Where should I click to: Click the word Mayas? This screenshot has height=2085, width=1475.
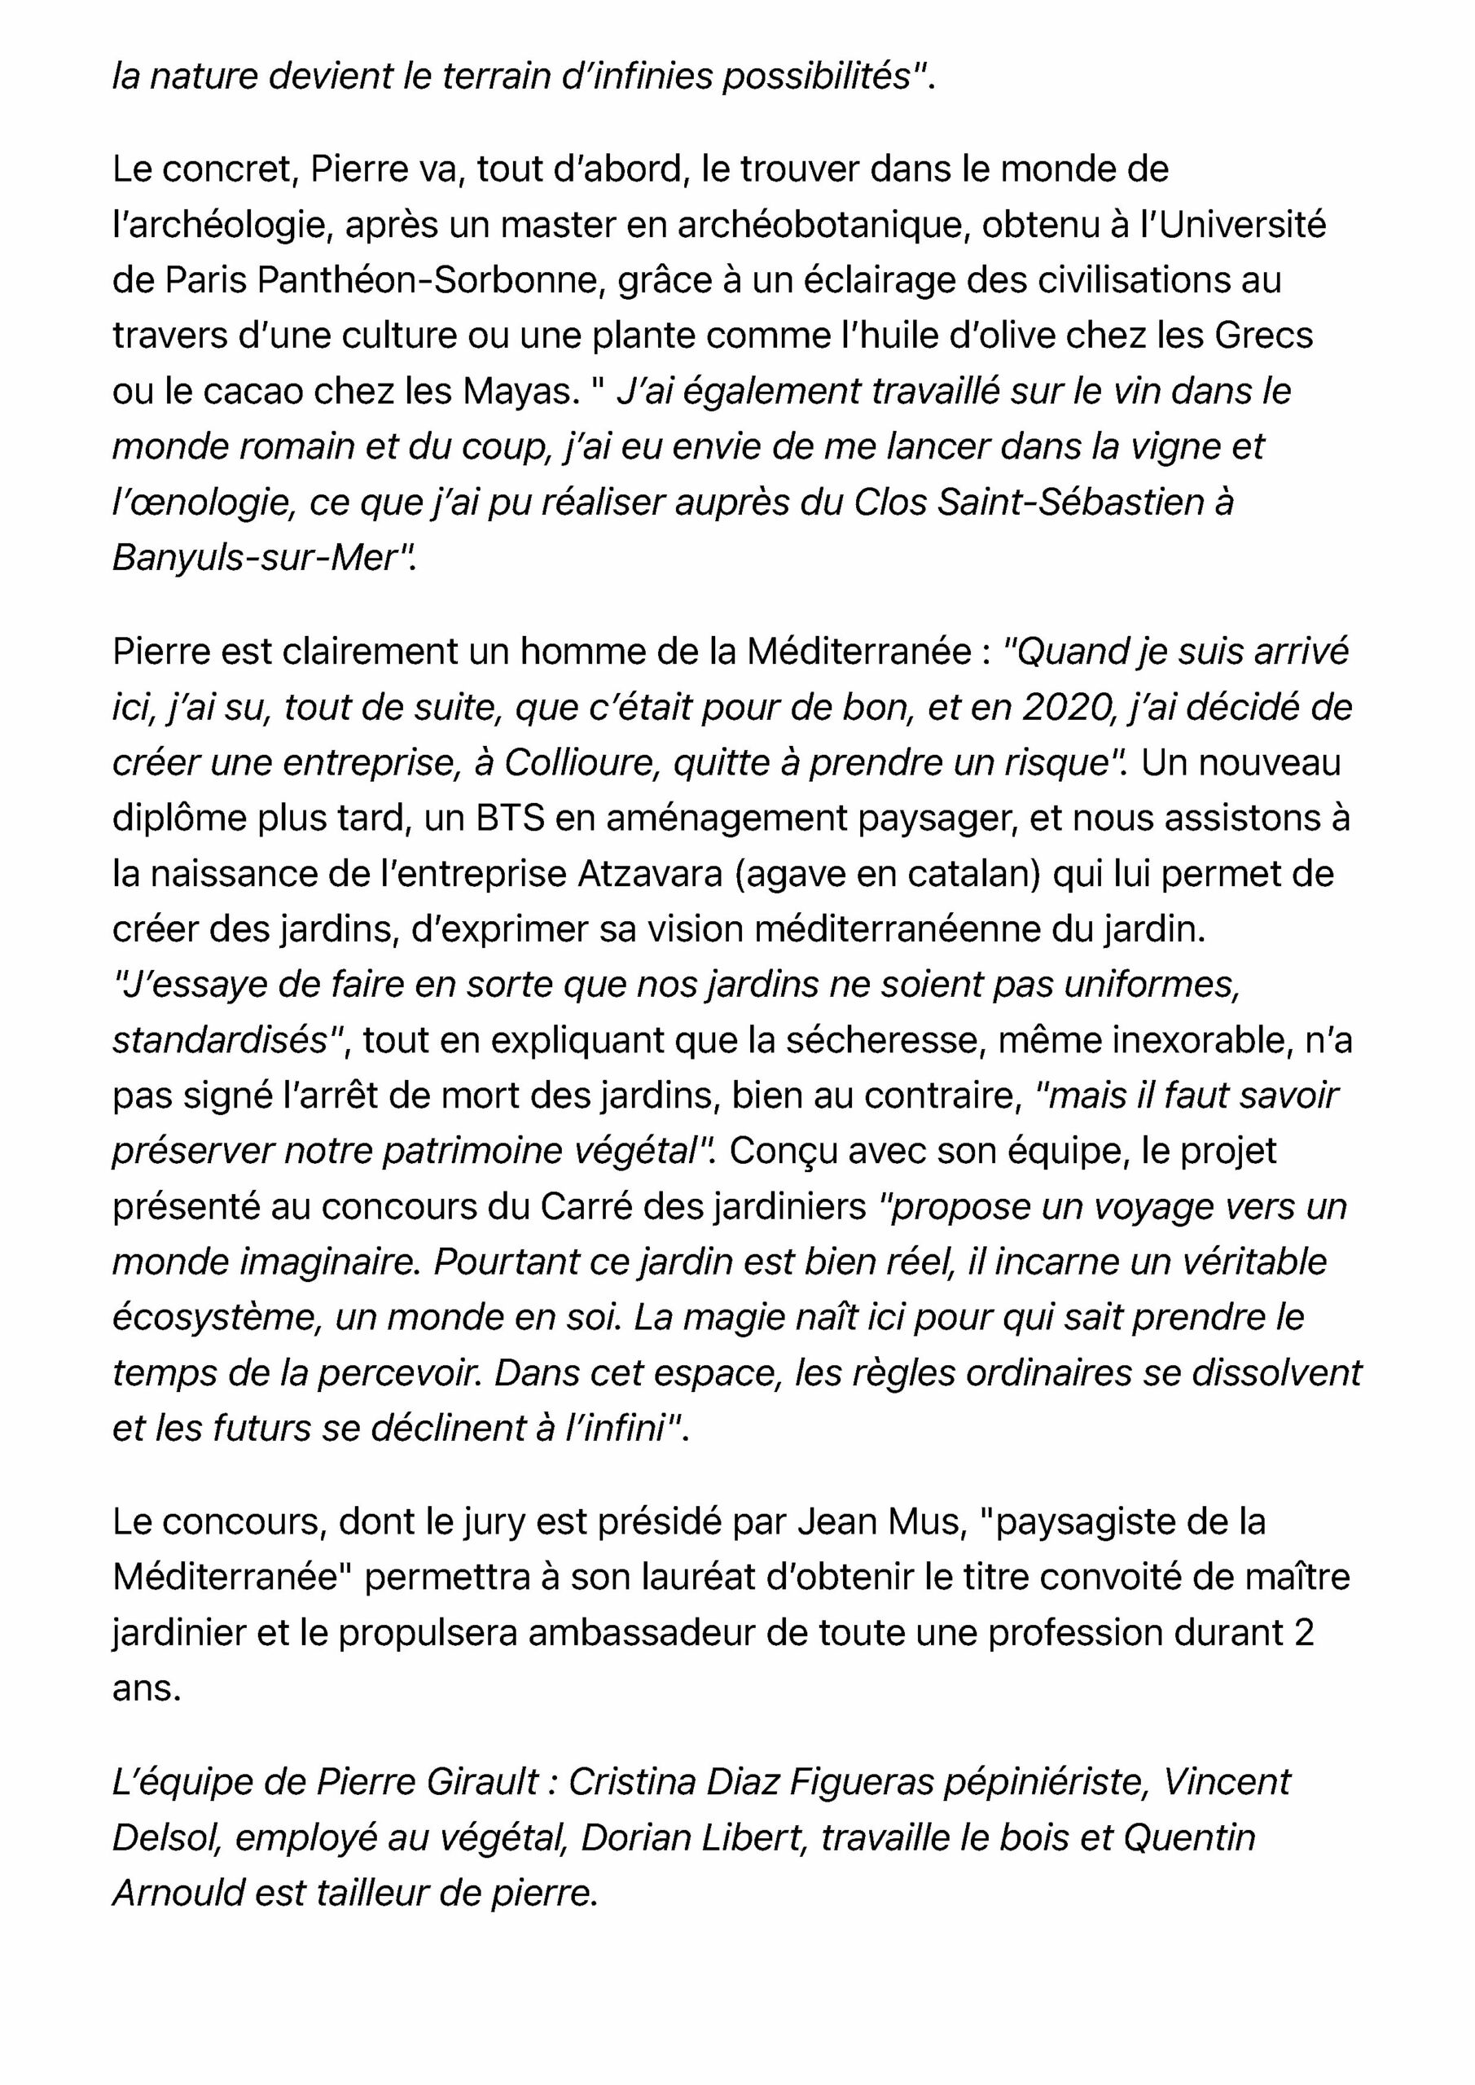[x=520, y=392]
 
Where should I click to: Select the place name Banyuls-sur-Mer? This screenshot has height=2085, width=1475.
[x=255, y=559]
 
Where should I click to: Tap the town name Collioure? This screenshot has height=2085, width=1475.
[x=582, y=763]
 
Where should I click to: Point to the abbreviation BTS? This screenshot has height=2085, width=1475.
[x=511, y=819]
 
